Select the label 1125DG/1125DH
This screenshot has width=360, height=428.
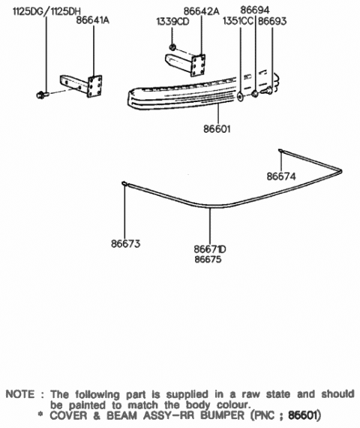[x=43, y=12]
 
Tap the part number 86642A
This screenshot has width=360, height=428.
[x=181, y=12]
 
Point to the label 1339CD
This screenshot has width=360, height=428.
[x=172, y=23]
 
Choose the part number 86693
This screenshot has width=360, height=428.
[x=271, y=22]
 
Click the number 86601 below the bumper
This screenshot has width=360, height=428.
[x=216, y=128]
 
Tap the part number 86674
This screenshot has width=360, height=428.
[x=281, y=176]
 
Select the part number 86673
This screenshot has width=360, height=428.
[x=126, y=244]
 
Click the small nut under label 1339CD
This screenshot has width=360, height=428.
[x=173, y=49]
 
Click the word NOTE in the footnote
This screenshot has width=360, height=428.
[x=20, y=394]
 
